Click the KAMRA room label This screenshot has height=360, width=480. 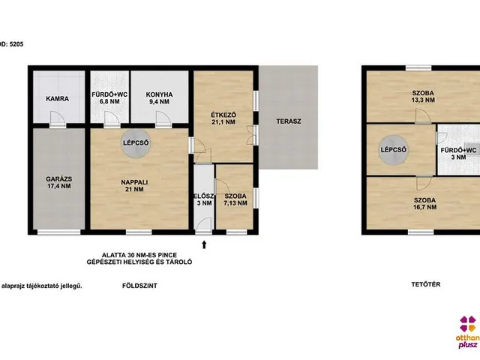click(x=57, y=98)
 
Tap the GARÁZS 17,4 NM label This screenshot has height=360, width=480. click(x=59, y=182)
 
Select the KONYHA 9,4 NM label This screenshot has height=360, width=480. click(x=159, y=98)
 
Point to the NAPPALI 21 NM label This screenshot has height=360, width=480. click(x=134, y=185)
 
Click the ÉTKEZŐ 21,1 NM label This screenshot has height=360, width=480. click(x=223, y=118)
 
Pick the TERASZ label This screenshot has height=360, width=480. click(x=289, y=121)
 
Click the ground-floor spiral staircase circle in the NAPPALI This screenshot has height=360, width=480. click(x=136, y=143)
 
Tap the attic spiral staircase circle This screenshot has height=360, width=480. click(x=393, y=150)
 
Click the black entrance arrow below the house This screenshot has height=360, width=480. click(x=204, y=244)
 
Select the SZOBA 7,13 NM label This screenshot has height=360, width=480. click(x=235, y=199)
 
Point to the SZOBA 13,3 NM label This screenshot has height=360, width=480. click(x=423, y=97)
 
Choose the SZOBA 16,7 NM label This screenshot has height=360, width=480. click(x=425, y=203)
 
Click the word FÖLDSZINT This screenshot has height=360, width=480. click(x=139, y=286)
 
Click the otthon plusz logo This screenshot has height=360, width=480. click(x=468, y=331)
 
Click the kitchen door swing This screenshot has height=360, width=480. click(x=163, y=118)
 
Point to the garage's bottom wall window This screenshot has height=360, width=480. click(x=58, y=232)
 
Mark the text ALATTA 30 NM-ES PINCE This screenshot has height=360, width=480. click(x=139, y=255)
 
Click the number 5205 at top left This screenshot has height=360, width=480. click(x=16, y=44)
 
